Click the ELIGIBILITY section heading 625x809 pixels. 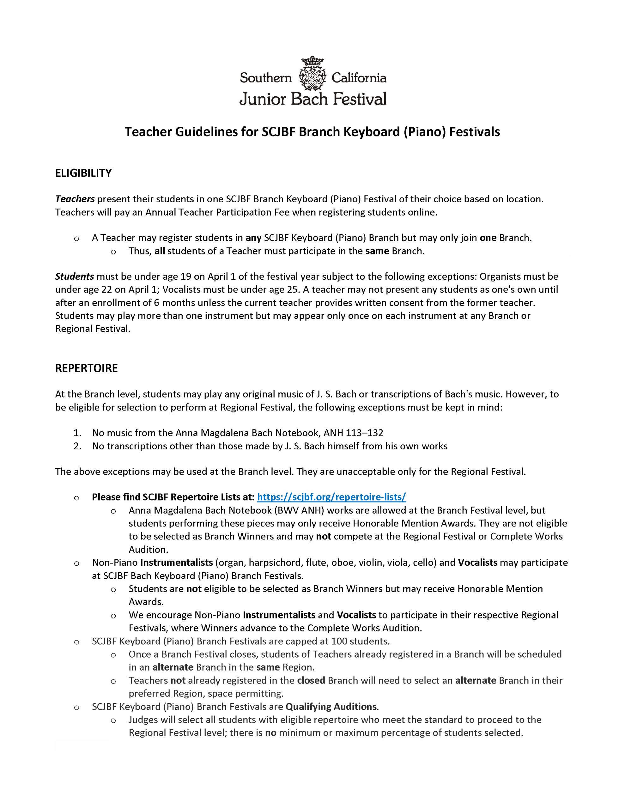click(x=83, y=173)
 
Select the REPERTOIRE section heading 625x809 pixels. click(x=86, y=368)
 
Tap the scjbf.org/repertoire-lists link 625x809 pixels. click(x=331, y=497)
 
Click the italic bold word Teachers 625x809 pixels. click(x=75, y=199)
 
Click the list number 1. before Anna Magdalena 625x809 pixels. click(x=77, y=433)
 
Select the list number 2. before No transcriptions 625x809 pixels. click(x=77, y=446)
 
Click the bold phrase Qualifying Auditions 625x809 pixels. click(x=331, y=706)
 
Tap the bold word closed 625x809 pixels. click(x=311, y=680)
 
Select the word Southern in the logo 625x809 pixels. click(x=266, y=78)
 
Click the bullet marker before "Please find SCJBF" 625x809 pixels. click(x=77, y=497)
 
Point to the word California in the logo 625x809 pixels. click(x=359, y=78)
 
